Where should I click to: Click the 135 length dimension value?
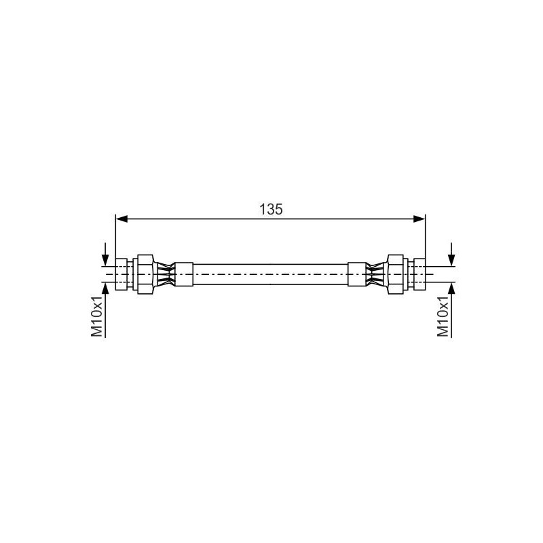click(x=271, y=209)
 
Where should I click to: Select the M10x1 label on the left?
click(x=97, y=316)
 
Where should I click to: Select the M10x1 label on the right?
click(x=443, y=316)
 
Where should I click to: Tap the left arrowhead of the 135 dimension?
click(x=121, y=219)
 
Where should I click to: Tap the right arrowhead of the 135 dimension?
click(x=419, y=219)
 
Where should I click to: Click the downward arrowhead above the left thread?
click(x=105, y=261)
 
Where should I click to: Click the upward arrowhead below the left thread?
click(x=105, y=288)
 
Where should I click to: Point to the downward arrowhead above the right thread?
click(x=451, y=261)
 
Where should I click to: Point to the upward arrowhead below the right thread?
click(x=451, y=288)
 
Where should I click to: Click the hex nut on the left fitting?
click(x=145, y=274)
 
